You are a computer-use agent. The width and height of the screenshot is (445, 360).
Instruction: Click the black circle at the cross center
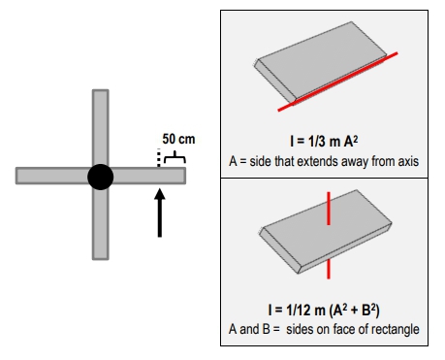point(100,176)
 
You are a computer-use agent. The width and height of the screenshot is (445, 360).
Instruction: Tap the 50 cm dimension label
point(178,140)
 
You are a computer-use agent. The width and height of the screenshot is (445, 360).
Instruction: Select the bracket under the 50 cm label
point(173,153)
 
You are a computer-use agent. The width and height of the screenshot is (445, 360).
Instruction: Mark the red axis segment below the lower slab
point(331,269)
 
